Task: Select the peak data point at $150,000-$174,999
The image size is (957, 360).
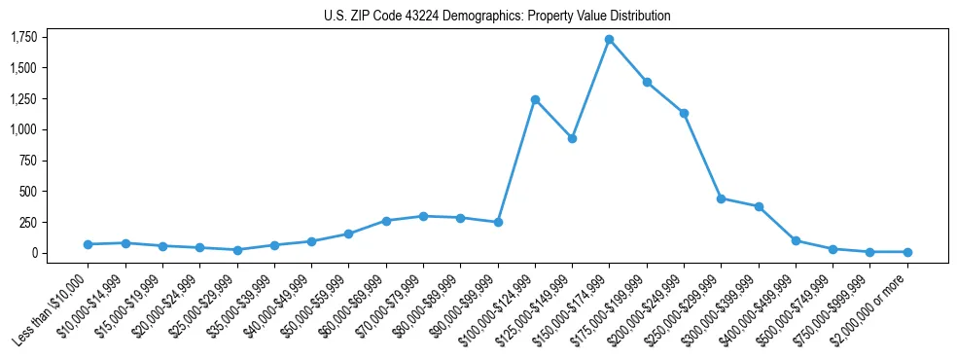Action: [x=609, y=40]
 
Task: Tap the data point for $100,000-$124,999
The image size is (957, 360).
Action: [x=535, y=99]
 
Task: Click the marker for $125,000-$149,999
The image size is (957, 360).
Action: [x=572, y=138]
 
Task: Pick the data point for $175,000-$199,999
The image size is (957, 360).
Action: [x=647, y=83]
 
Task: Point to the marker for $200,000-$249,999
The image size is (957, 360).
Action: [x=684, y=113]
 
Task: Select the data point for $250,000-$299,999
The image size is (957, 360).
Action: [x=721, y=198]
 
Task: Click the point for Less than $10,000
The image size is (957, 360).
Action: [x=88, y=244]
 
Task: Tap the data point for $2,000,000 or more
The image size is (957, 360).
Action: [x=907, y=252]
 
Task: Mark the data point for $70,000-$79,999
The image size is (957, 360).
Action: [x=423, y=216]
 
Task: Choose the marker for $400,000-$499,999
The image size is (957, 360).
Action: [x=796, y=240]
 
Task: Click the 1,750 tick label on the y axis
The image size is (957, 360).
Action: [x=23, y=37]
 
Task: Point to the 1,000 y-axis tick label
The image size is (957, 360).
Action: [x=23, y=129]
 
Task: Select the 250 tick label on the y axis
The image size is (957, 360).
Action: [x=28, y=222]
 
